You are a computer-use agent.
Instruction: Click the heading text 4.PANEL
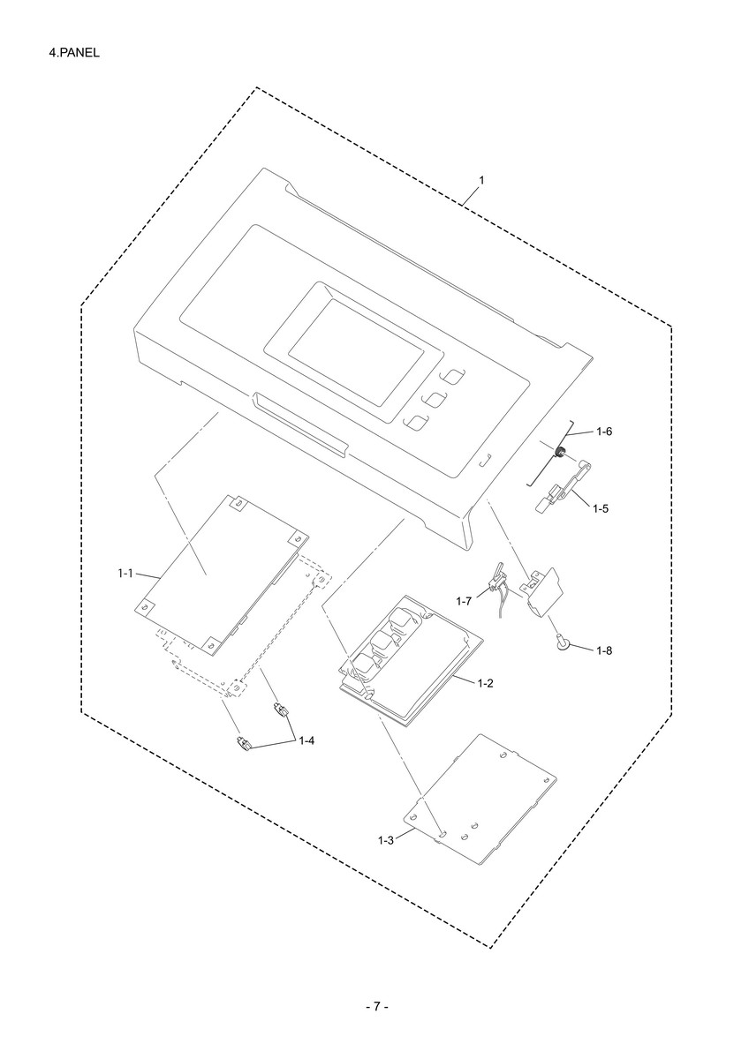[x=74, y=53]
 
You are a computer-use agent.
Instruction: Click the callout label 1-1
[x=125, y=574]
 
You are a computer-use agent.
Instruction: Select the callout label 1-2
[x=486, y=683]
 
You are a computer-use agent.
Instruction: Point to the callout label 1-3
[x=386, y=840]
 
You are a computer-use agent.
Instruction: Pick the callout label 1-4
[x=306, y=740]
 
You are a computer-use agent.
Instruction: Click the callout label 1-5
[x=601, y=508]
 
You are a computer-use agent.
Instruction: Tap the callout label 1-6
[x=604, y=432]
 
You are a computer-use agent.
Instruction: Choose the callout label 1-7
[x=465, y=601]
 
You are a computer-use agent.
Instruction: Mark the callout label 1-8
[x=604, y=650]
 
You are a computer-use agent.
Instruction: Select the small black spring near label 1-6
[x=559, y=452]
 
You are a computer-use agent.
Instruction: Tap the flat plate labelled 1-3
[x=480, y=801]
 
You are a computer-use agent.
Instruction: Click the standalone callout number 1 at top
[x=481, y=180]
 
